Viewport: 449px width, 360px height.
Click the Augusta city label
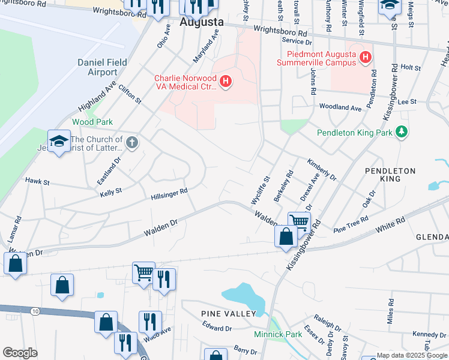point(202,22)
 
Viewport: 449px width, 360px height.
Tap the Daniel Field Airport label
point(98,67)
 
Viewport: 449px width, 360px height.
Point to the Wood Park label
point(92,122)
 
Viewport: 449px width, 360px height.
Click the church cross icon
point(132,143)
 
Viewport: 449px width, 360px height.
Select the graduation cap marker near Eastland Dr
point(59,142)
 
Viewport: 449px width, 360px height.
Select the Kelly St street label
point(111,191)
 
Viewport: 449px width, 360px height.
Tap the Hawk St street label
point(37,180)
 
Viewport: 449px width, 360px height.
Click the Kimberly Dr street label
point(322,170)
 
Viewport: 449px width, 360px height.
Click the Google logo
point(20,353)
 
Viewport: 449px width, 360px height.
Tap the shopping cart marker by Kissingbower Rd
point(299,222)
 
